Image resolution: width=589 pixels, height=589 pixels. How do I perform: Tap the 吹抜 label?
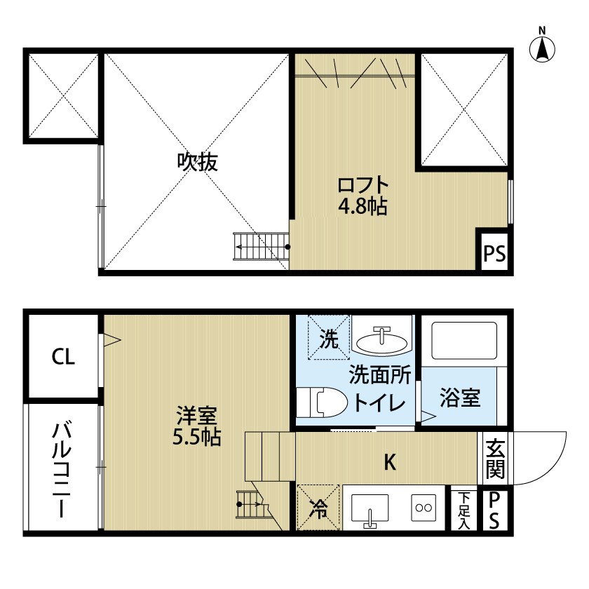click(197, 163)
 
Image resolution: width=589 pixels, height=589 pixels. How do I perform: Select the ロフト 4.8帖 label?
click(363, 196)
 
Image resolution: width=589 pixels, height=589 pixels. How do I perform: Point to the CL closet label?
click(62, 358)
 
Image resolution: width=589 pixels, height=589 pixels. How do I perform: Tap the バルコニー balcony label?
click(62, 469)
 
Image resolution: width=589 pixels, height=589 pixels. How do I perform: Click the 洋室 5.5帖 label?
click(197, 426)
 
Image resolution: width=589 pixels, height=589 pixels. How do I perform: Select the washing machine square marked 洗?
click(328, 340)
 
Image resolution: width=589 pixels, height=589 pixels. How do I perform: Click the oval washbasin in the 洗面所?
click(381, 341)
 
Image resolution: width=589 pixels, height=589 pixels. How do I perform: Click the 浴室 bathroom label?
click(459, 398)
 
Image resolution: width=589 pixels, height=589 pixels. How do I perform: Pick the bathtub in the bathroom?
click(463, 341)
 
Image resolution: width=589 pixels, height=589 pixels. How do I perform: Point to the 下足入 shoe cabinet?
click(463, 509)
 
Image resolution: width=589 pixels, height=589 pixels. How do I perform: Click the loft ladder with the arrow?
click(261, 246)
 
